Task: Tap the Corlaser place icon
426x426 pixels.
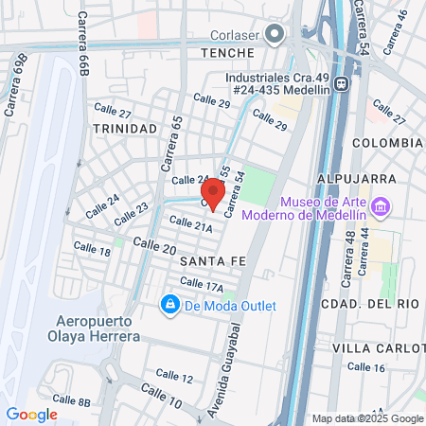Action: coord(275,35)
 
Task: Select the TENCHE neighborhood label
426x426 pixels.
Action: coord(228,53)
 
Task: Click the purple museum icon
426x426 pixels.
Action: coord(381,205)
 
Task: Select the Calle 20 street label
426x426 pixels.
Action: coord(154,245)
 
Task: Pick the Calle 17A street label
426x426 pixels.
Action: coord(201,284)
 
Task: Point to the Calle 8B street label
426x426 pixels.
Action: coord(71,402)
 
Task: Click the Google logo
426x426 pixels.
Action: coord(31,414)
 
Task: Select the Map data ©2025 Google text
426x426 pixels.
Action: coord(368,418)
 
